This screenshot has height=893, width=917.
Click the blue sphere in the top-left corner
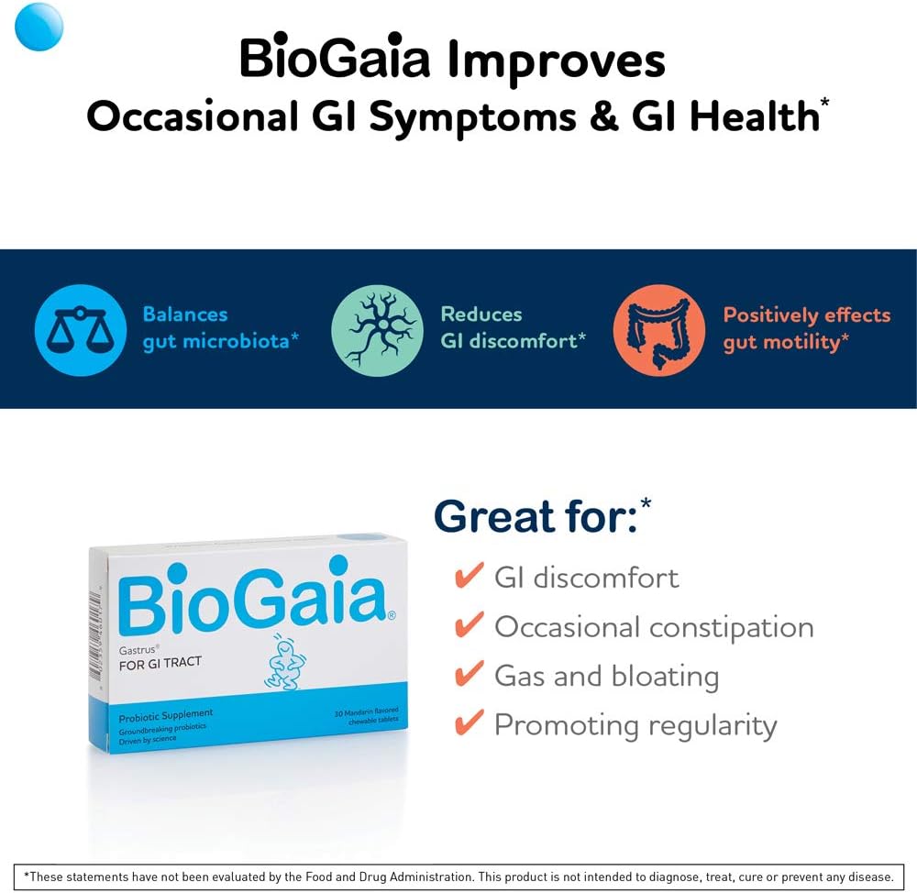39,27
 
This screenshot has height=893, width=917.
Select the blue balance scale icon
80,330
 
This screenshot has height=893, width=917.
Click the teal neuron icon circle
377,330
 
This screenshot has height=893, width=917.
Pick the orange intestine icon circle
659,330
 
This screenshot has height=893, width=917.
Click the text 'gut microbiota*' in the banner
221,341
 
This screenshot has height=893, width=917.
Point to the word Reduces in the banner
481,314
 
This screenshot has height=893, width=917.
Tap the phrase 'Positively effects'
807,314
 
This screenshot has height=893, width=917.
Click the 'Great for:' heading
536,517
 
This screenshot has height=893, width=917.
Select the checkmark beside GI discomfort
469,577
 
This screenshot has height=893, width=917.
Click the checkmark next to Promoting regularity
469,724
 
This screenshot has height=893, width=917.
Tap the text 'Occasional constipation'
654,627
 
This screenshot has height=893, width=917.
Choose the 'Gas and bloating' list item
606,676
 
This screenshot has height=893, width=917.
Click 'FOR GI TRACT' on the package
160,663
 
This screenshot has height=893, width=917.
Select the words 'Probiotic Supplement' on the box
166,713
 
